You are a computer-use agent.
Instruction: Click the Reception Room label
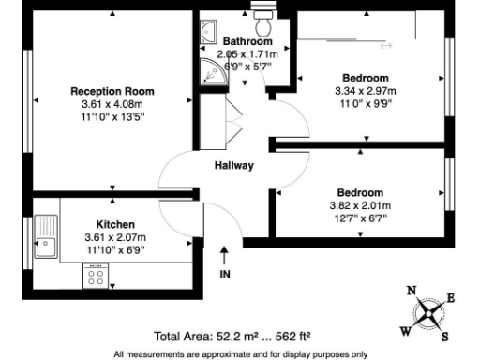tap(112, 91)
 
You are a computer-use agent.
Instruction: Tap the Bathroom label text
tap(247, 41)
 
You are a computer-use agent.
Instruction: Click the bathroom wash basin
tap(207, 34)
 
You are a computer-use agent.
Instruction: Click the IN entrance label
tap(224, 274)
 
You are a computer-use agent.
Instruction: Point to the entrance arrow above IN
tap(224, 255)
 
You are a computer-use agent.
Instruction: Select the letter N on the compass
tap(412, 291)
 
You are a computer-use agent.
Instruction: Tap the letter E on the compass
tap(450, 298)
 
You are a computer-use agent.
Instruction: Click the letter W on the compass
tap(405, 329)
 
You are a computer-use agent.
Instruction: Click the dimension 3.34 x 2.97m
tap(366, 91)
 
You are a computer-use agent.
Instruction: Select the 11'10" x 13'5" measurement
tap(112, 119)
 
